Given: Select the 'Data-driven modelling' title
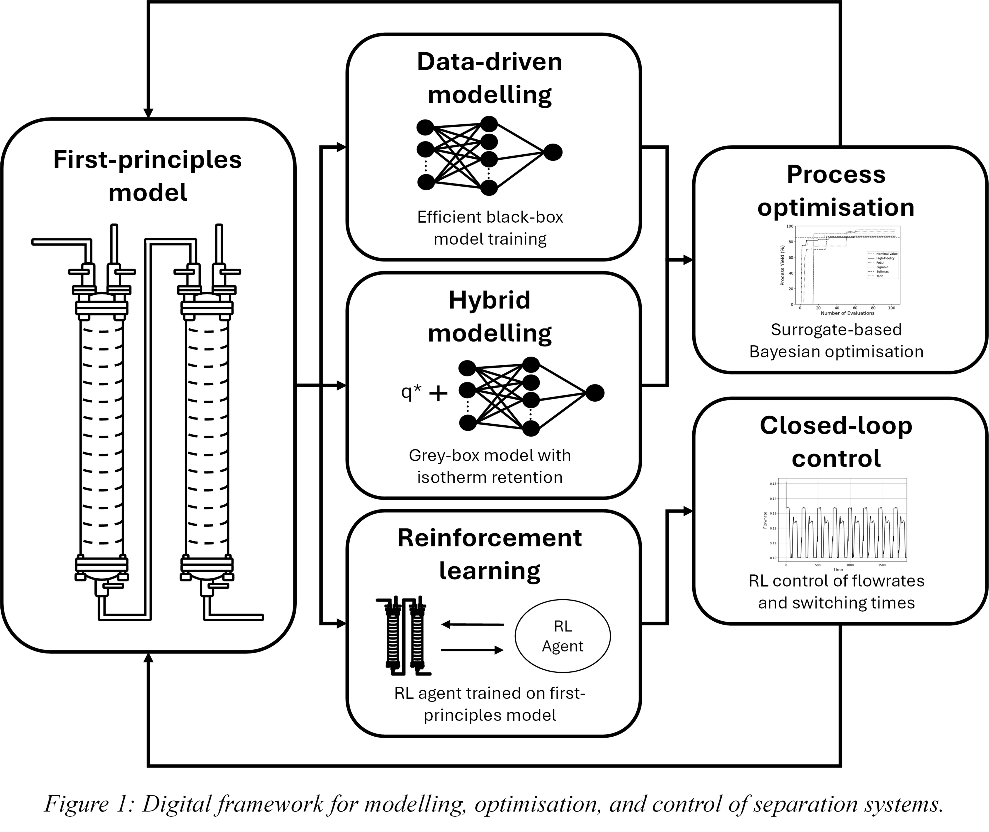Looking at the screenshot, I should (x=490, y=78).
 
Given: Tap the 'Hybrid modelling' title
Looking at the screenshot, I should (x=490, y=317).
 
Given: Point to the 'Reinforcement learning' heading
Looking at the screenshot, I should (x=490, y=554).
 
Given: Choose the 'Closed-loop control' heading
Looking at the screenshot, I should (x=836, y=442).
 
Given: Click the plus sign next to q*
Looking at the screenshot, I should (x=438, y=393).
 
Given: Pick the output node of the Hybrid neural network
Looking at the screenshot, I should (x=595, y=393).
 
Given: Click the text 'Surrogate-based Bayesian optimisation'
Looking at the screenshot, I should (x=836, y=341).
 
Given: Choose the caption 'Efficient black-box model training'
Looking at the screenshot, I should (x=490, y=228).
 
